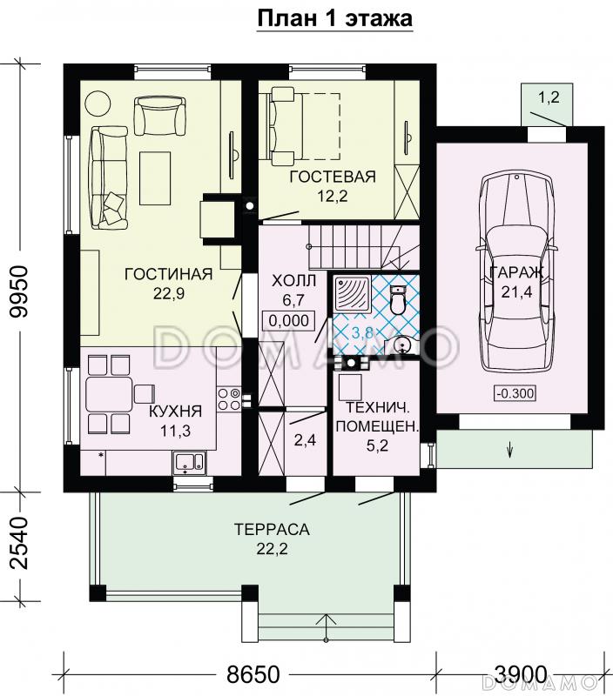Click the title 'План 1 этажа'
coord(335,18)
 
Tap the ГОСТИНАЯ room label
coord(169,274)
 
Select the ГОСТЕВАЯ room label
coord(333,177)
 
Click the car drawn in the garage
coord(515,271)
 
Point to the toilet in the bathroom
coord(398,299)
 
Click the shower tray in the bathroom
coord(352,293)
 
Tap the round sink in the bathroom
coord(405,345)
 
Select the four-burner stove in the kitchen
coord(229,399)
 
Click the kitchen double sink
coord(189,463)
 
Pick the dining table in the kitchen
coord(109,394)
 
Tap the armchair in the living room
coord(160,117)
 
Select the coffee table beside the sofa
coord(155,178)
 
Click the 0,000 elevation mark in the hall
coord(289,320)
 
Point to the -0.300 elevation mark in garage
coord(515,393)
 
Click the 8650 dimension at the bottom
coord(253,674)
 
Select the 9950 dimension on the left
coord(20,291)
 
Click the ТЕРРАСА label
coord(272,529)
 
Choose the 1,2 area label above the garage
coord(549,97)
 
